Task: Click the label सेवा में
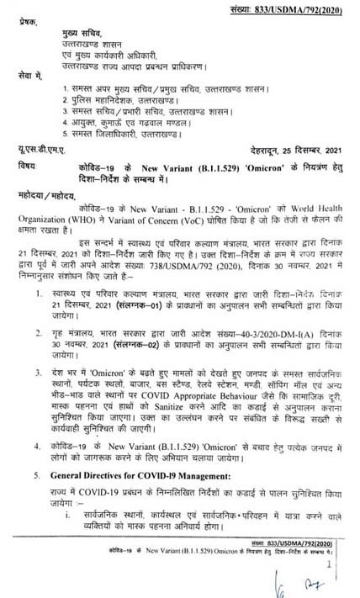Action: pyautogui.click(x=23, y=76)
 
